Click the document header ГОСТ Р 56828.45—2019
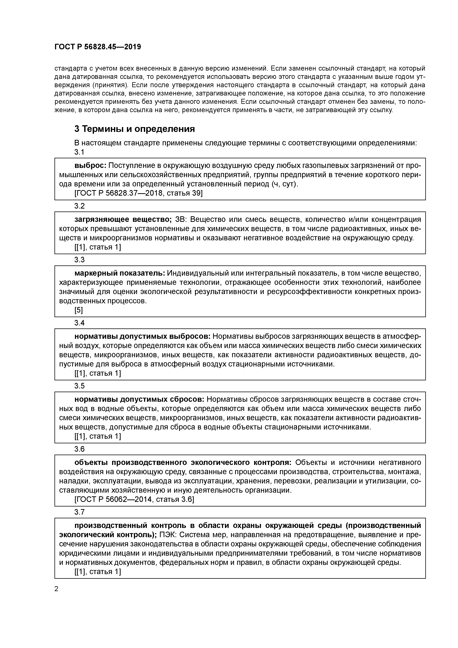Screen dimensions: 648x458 click(98, 47)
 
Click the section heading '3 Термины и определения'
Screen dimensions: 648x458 click(135, 129)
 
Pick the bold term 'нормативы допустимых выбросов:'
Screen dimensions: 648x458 click(142, 336)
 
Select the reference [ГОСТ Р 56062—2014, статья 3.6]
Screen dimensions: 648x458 click(134, 499)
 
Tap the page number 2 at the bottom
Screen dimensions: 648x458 click(57, 589)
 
